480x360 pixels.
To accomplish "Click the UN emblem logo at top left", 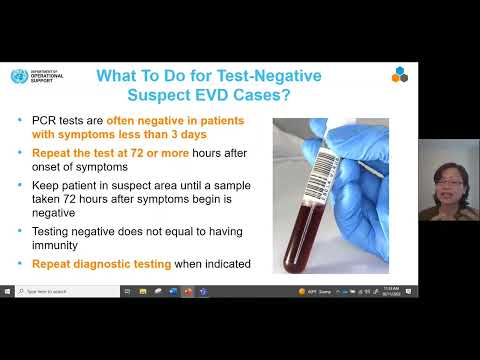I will tap(15, 77).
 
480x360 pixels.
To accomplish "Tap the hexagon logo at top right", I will tap(399, 75).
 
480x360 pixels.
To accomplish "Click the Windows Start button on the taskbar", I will tap(7, 291).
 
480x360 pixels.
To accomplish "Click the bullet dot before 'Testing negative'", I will tap(21, 231).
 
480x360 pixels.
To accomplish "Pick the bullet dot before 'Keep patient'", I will tap(21, 185).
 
